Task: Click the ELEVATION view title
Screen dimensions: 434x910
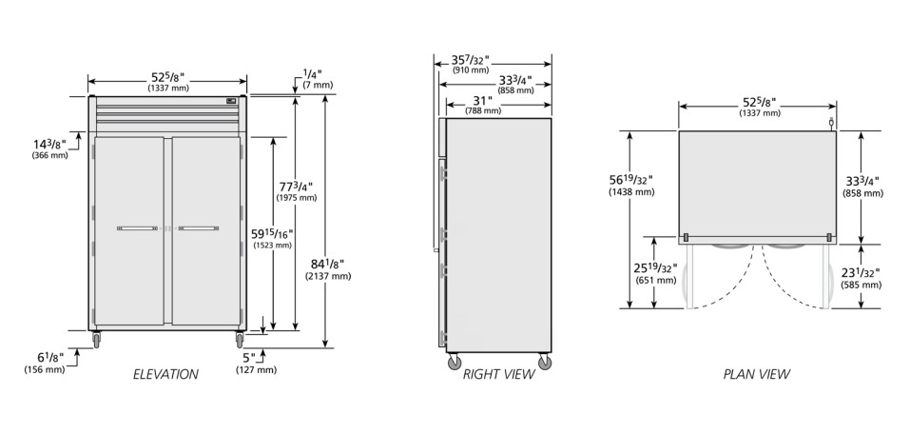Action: click(165, 374)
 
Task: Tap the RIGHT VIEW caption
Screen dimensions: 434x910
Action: click(498, 374)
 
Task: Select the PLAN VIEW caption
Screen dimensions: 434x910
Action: click(756, 374)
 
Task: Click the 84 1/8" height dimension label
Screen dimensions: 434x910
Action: click(328, 269)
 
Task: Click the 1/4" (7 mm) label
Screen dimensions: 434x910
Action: click(316, 78)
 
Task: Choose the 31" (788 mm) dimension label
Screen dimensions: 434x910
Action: click(482, 105)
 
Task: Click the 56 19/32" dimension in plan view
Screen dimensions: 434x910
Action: click(631, 185)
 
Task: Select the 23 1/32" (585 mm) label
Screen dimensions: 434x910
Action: click(862, 277)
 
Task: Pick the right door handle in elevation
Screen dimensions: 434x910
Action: click(197, 228)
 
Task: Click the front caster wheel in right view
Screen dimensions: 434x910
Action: click(455, 362)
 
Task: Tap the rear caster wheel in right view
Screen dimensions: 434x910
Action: click(544, 362)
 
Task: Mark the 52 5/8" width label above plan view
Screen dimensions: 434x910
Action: click(758, 107)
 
